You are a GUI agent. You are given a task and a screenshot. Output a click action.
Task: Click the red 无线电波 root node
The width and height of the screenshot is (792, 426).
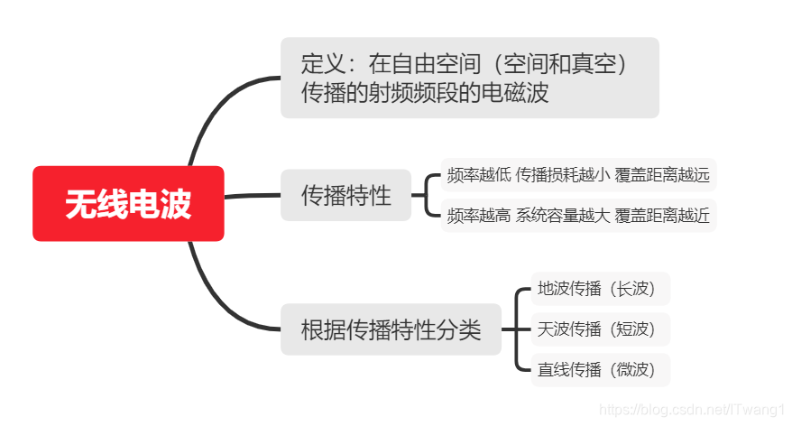tap(128, 204)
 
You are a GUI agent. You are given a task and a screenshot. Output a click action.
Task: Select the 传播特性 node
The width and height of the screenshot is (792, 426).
tap(345, 195)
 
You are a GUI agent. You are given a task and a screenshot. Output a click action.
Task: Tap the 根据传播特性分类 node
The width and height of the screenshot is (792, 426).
tap(391, 329)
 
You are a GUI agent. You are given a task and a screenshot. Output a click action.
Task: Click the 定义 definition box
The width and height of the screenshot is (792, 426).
tap(469, 78)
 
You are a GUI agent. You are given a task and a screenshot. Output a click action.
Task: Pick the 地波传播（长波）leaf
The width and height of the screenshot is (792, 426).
tap(601, 289)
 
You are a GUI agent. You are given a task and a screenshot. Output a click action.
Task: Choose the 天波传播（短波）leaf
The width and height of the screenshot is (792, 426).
tap(601, 329)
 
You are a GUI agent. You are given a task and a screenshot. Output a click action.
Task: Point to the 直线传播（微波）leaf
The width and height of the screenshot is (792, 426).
tap(601, 369)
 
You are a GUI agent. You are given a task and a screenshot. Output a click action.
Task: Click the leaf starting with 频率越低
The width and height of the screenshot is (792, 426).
tap(578, 175)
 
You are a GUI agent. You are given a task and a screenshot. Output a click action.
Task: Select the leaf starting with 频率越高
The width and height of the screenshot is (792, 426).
tap(578, 216)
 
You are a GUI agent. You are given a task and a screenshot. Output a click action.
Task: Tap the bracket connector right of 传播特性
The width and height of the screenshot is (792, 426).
tap(425, 195)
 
